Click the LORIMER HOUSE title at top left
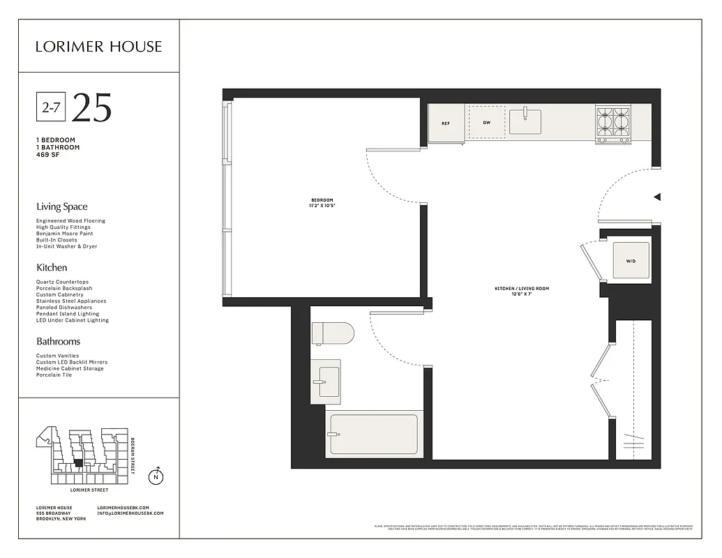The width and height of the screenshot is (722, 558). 98,47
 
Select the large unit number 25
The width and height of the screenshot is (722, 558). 91,107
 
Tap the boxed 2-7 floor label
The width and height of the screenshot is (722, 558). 50,107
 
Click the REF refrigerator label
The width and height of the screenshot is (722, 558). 446,123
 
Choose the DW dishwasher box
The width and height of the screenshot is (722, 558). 486,123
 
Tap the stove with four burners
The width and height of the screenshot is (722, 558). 612,123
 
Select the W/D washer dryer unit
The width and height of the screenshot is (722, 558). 631,261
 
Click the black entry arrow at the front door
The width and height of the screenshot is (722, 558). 656,197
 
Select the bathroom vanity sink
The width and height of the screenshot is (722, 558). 325,382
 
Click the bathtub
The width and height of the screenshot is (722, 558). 373,434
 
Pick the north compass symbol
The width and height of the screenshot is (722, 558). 157,477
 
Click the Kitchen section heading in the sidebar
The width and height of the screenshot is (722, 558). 52,267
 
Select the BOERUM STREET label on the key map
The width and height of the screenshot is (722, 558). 133,456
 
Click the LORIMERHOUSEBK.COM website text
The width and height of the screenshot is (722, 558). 130,507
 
